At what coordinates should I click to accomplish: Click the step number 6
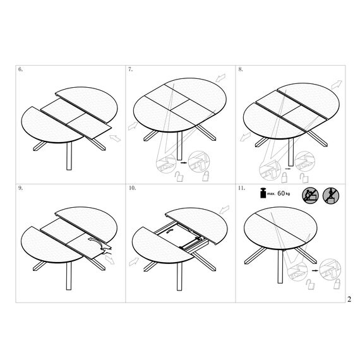[x=20, y=69]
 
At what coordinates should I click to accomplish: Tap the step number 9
[x=20, y=188]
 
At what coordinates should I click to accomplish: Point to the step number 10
[x=132, y=188]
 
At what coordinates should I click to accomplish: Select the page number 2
[x=349, y=299]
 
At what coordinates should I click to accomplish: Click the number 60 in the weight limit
[x=281, y=193]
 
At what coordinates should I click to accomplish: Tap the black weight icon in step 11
[x=263, y=193]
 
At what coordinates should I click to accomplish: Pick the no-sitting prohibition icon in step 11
[x=310, y=196]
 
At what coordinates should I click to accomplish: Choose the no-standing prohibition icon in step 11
[x=331, y=196]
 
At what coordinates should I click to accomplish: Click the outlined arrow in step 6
[x=115, y=138]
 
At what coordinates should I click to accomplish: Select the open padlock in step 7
[x=179, y=177]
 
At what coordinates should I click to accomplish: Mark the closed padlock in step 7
[x=205, y=176]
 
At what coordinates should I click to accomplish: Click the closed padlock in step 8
[x=284, y=177]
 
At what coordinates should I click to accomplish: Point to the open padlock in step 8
[x=304, y=178]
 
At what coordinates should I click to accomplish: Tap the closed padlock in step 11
[x=337, y=284]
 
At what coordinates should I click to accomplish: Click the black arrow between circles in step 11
[x=315, y=271]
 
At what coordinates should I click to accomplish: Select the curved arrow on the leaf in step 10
[x=169, y=231]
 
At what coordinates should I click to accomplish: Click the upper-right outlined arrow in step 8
[x=337, y=84]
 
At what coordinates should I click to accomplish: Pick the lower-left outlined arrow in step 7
[x=133, y=126]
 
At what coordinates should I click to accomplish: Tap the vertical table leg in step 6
[x=69, y=156]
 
